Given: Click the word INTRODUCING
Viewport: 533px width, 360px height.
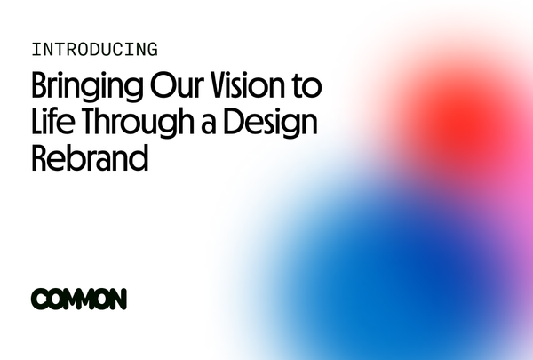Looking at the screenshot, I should tap(94, 49).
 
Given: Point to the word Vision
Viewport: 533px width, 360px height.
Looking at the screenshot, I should tap(251, 88).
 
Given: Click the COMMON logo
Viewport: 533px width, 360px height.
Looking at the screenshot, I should tap(79, 300).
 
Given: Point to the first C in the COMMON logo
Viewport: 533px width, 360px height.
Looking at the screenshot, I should tap(38, 300).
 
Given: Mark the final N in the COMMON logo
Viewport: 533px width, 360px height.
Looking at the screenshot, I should tap(117, 300).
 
